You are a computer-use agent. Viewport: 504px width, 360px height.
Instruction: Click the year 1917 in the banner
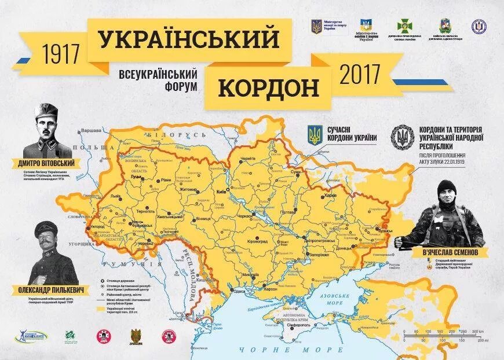point(61,54)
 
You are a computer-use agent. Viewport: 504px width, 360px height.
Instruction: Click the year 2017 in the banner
point(360,75)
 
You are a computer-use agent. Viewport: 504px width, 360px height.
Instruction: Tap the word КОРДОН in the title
point(269,89)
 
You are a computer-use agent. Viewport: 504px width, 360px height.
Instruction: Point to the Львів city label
point(115,196)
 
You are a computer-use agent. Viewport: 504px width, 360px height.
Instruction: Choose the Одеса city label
point(239,291)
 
